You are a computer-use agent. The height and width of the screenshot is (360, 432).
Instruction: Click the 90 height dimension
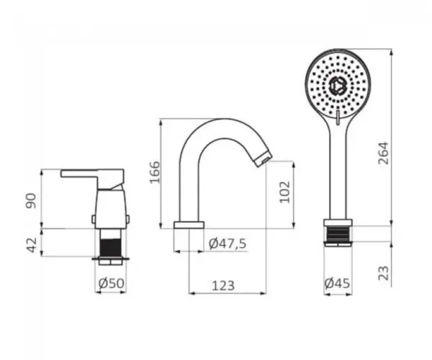pyautogui.click(x=31, y=201)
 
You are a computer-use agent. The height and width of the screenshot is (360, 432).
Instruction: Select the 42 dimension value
pyautogui.click(x=32, y=245)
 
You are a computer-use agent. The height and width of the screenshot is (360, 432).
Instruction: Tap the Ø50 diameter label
pyautogui.click(x=112, y=284)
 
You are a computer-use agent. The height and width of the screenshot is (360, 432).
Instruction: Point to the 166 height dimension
pyautogui.click(x=155, y=172)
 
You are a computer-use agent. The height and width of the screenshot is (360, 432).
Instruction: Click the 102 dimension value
pyautogui.click(x=285, y=192)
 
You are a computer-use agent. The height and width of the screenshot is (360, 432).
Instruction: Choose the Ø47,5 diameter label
pyautogui.click(x=228, y=243)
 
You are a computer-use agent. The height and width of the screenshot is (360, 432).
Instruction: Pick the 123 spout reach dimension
pyautogui.click(x=223, y=286)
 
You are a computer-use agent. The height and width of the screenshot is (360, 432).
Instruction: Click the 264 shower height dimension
pyautogui.click(x=383, y=153)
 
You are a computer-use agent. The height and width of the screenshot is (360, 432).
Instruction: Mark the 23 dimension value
pyautogui.click(x=383, y=273)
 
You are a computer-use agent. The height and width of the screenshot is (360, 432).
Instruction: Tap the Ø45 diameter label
pyautogui.click(x=337, y=283)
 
